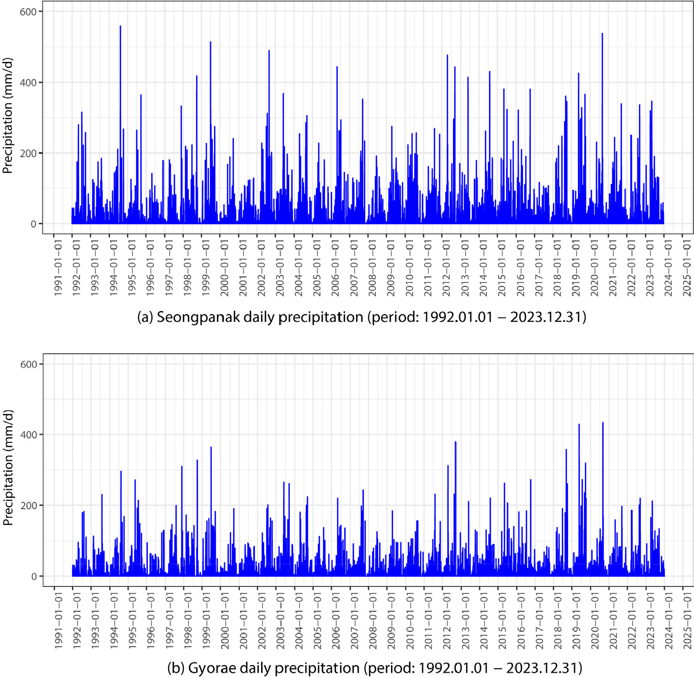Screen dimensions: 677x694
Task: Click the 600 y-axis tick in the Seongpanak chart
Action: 28,12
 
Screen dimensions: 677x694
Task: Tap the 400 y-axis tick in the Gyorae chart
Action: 28,435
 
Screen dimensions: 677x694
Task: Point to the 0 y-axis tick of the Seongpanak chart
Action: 33,224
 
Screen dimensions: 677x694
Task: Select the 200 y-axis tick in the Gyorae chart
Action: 28,506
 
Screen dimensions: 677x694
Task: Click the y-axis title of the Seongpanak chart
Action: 8,116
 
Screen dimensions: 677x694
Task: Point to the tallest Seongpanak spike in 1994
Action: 121,27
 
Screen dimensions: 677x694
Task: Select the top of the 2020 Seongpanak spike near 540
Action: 602,34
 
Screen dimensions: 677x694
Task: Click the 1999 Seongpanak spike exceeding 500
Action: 211,42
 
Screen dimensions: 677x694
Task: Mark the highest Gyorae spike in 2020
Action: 603,423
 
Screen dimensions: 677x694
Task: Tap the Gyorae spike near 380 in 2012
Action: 455,442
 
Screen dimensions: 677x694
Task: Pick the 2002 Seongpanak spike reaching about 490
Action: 269,51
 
